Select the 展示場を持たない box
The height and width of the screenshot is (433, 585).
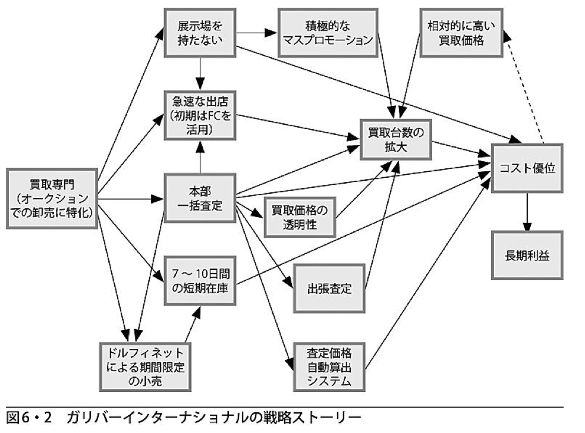click(200, 34)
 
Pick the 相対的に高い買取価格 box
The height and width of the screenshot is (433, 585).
click(461, 33)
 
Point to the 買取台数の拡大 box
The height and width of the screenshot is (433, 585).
click(395, 140)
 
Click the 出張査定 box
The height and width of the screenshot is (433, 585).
click(328, 289)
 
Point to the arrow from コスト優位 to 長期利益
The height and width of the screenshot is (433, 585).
click(526, 212)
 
